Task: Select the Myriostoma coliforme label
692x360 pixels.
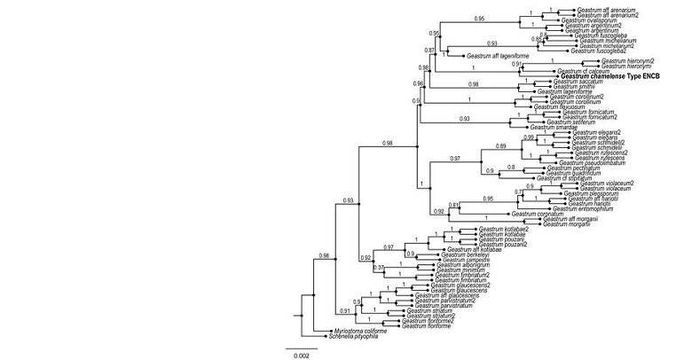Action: coord(352,332)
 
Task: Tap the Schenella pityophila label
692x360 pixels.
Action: coord(350,337)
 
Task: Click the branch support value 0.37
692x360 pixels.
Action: coord(379,267)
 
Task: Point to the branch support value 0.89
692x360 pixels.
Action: coord(501,145)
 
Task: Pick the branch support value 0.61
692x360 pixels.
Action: coord(453,205)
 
